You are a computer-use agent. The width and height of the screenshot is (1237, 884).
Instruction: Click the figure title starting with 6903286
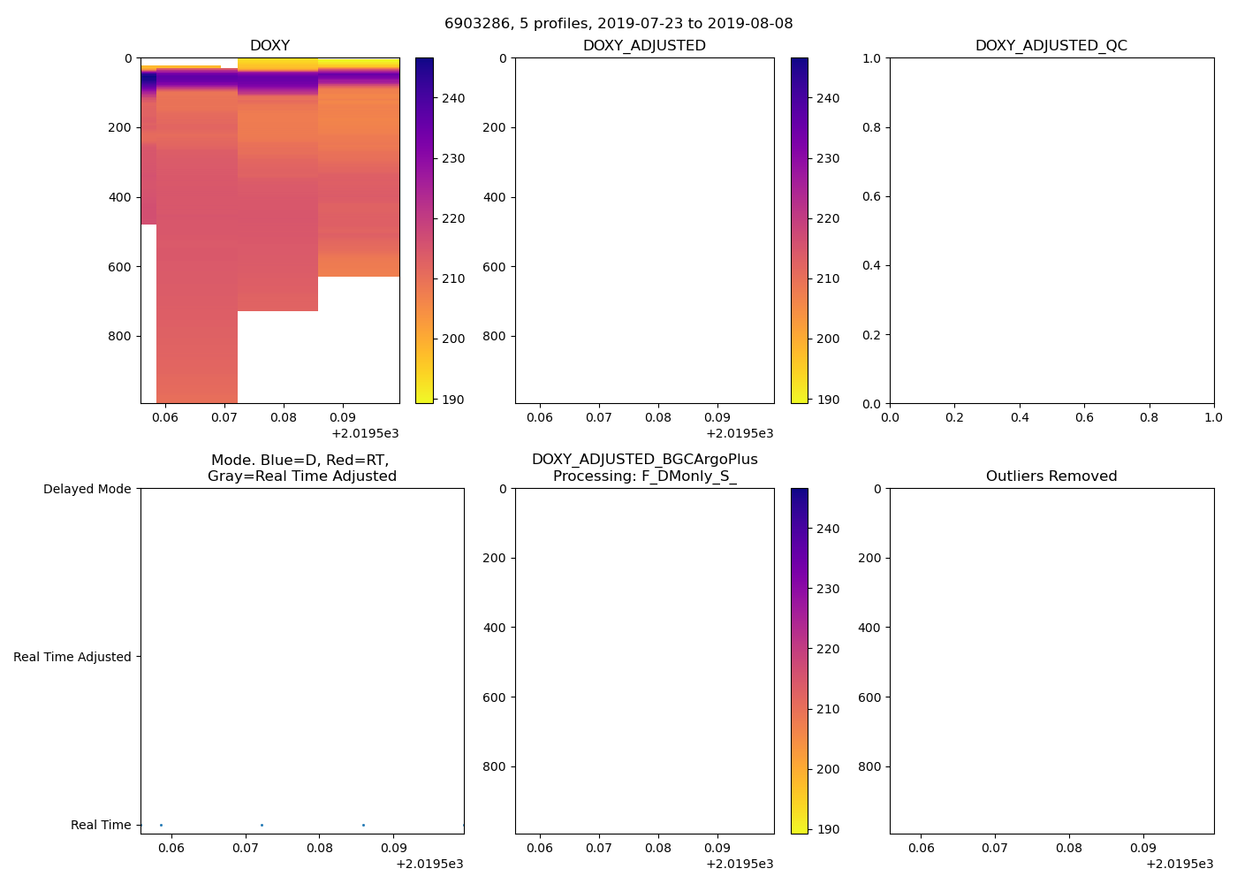pyautogui.click(x=618, y=24)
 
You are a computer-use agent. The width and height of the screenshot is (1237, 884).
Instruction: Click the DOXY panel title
pyautogui.click(x=269, y=46)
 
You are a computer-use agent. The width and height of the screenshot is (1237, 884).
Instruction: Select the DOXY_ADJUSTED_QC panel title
pyautogui.click(x=1051, y=46)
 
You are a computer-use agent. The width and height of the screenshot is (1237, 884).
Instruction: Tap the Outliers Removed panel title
pyautogui.click(x=1051, y=476)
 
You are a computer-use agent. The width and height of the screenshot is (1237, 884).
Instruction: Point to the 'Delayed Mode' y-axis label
pyautogui.click(x=87, y=489)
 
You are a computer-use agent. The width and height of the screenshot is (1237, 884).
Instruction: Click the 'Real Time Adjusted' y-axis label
pyautogui.click(x=72, y=657)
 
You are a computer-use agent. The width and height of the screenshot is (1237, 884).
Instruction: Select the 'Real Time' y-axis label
pyautogui.click(x=101, y=825)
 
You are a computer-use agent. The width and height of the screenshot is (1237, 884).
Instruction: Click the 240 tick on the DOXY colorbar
pyautogui.click(x=453, y=98)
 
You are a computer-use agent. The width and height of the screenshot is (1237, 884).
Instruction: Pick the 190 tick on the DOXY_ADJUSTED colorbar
pyautogui.click(x=828, y=400)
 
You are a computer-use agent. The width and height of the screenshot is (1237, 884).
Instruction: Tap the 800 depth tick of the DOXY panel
pyautogui.click(x=120, y=336)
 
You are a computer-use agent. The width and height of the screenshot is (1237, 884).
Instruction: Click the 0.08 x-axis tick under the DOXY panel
pyautogui.click(x=284, y=417)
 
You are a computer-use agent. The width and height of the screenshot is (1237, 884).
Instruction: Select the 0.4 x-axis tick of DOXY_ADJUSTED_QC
pyautogui.click(x=1020, y=417)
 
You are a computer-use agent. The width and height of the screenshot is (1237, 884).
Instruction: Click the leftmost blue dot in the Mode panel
pyautogui.click(x=161, y=825)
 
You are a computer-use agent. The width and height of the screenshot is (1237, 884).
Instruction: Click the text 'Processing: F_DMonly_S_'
pyautogui.click(x=644, y=476)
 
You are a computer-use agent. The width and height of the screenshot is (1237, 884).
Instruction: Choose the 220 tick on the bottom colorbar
pyautogui.click(x=828, y=649)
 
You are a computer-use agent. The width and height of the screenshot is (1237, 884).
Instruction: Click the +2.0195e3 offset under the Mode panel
pyautogui.click(x=429, y=864)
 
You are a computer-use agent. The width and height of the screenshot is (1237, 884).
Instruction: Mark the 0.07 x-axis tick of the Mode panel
pyautogui.click(x=246, y=848)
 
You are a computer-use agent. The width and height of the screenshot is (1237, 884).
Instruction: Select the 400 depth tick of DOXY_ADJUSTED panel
pyautogui.click(x=495, y=197)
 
